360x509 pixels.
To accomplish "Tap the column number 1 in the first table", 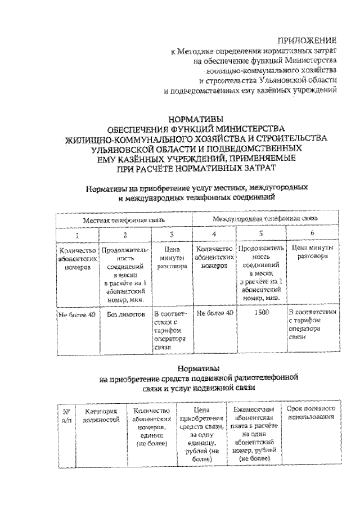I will (77, 234).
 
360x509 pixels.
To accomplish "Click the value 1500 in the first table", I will (260, 312).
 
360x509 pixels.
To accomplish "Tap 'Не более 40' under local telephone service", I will (77, 312).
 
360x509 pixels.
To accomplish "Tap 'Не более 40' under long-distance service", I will (213, 312).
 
